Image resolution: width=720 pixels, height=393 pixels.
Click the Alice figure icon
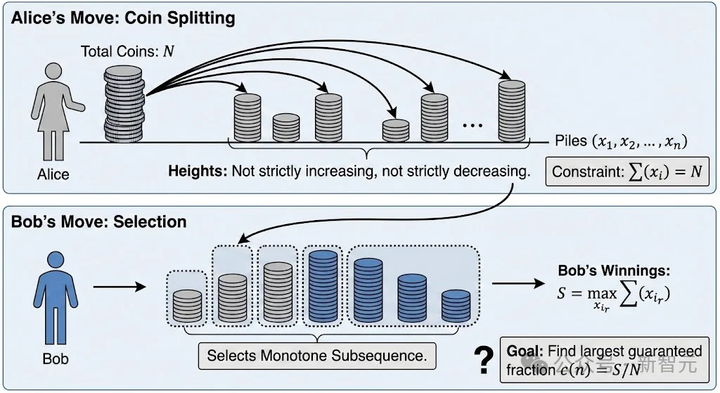52,112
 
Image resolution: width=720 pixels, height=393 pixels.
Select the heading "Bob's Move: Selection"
99,222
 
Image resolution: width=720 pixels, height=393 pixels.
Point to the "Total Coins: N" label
127,51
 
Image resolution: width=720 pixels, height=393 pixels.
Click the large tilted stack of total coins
125,102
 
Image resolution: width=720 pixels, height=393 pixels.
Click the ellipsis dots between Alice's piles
472,124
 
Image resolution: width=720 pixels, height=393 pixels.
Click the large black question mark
483,361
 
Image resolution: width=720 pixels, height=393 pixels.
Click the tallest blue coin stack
323,288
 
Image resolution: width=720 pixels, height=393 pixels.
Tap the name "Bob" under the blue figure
56,359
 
